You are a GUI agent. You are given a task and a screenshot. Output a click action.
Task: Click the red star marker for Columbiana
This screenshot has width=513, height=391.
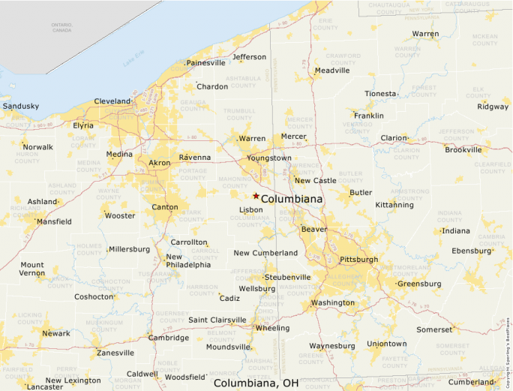click(x=256, y=196)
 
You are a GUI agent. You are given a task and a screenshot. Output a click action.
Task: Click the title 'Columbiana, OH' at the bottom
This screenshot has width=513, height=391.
click(x=256, y=383)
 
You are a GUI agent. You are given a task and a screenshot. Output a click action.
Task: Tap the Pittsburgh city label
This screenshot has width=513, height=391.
click(x=358, y=260)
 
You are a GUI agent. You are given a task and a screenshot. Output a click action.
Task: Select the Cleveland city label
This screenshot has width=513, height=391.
click(x=112, y=101)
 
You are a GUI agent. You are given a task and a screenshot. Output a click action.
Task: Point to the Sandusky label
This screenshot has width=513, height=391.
click(x=20, y=107)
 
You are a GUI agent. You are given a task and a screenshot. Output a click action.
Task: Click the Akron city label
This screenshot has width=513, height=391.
click(x=160, y=163)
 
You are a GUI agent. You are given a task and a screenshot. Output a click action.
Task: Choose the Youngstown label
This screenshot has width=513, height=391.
click(x=269, y=158)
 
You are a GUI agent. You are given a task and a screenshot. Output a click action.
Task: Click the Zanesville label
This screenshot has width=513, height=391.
click(x=115, y=353)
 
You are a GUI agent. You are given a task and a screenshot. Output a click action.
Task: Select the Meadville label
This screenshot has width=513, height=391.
click(x=332, y=71)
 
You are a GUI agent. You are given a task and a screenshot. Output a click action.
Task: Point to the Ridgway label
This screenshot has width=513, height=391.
click(x=493, y=107)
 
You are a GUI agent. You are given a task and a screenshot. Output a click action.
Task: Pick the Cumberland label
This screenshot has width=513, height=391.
click(x=472, y=382)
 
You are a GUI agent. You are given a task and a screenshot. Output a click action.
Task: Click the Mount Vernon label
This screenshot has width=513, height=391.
click(x=31, y=269)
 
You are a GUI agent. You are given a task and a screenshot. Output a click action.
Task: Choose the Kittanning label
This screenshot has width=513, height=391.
click(x=394, y=205)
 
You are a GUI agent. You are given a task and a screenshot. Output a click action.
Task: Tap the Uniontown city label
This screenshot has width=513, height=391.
click(x=386, y=344)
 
